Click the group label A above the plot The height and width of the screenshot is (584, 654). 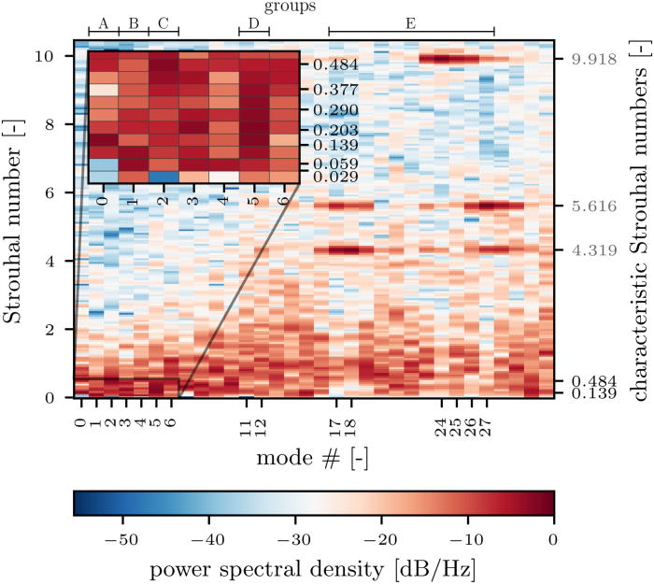tap(103, 21)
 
